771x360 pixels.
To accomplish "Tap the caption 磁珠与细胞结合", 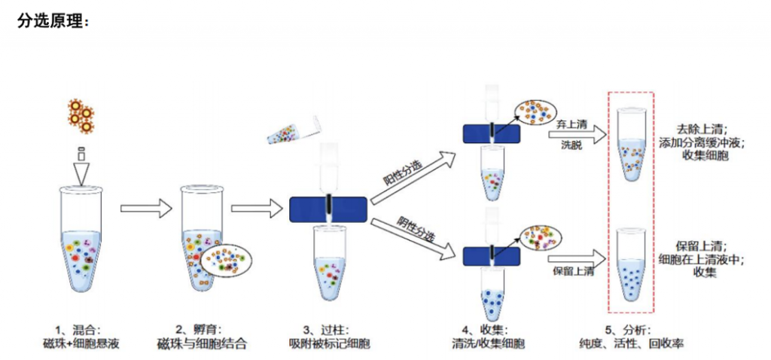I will click(202, 344).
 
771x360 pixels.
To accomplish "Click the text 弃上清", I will click(571, 122).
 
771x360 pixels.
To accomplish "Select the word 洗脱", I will click(571, 145).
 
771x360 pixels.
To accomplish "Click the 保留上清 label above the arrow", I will click(574, 271).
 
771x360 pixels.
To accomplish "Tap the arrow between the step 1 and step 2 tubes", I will click(144, 208).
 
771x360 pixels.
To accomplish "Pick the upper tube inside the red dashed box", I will click(631, 143).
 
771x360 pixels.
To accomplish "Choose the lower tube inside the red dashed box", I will click(631, 264).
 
